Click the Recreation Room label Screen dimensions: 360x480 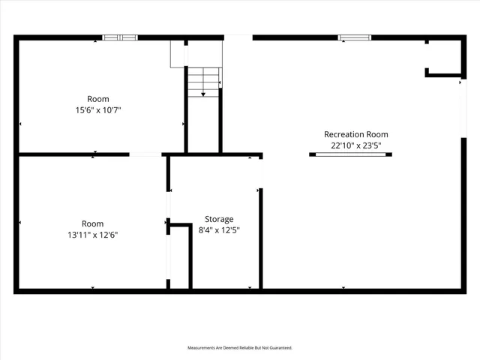(x=355, y=135)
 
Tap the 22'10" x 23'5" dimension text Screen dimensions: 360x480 (x=355, y=145)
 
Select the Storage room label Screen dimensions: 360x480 (x=219, y=220)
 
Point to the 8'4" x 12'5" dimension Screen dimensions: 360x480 (x=219, y=230)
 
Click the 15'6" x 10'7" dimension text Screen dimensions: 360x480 (x=97, y=110)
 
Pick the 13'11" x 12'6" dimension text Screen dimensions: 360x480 (x=93, y=235)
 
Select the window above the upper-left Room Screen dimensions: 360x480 (x=120, y=37)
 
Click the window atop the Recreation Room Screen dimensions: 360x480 (x=354, y=37)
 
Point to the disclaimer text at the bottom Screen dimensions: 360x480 (x=240, y=348)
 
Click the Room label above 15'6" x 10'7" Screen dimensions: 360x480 (x=97, y=99)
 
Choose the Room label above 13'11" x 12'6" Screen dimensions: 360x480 (x=93, y=223)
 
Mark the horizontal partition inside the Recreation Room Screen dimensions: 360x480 (x=350, y=154)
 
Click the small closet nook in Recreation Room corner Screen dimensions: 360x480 (x=445, y=57)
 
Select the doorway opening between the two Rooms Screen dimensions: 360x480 (x=145, y=155)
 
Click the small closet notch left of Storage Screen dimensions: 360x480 (x=180, y=255)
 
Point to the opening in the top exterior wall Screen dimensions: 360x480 (x=238, y=37)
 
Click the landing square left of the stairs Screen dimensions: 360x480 (x=178, y=53)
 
